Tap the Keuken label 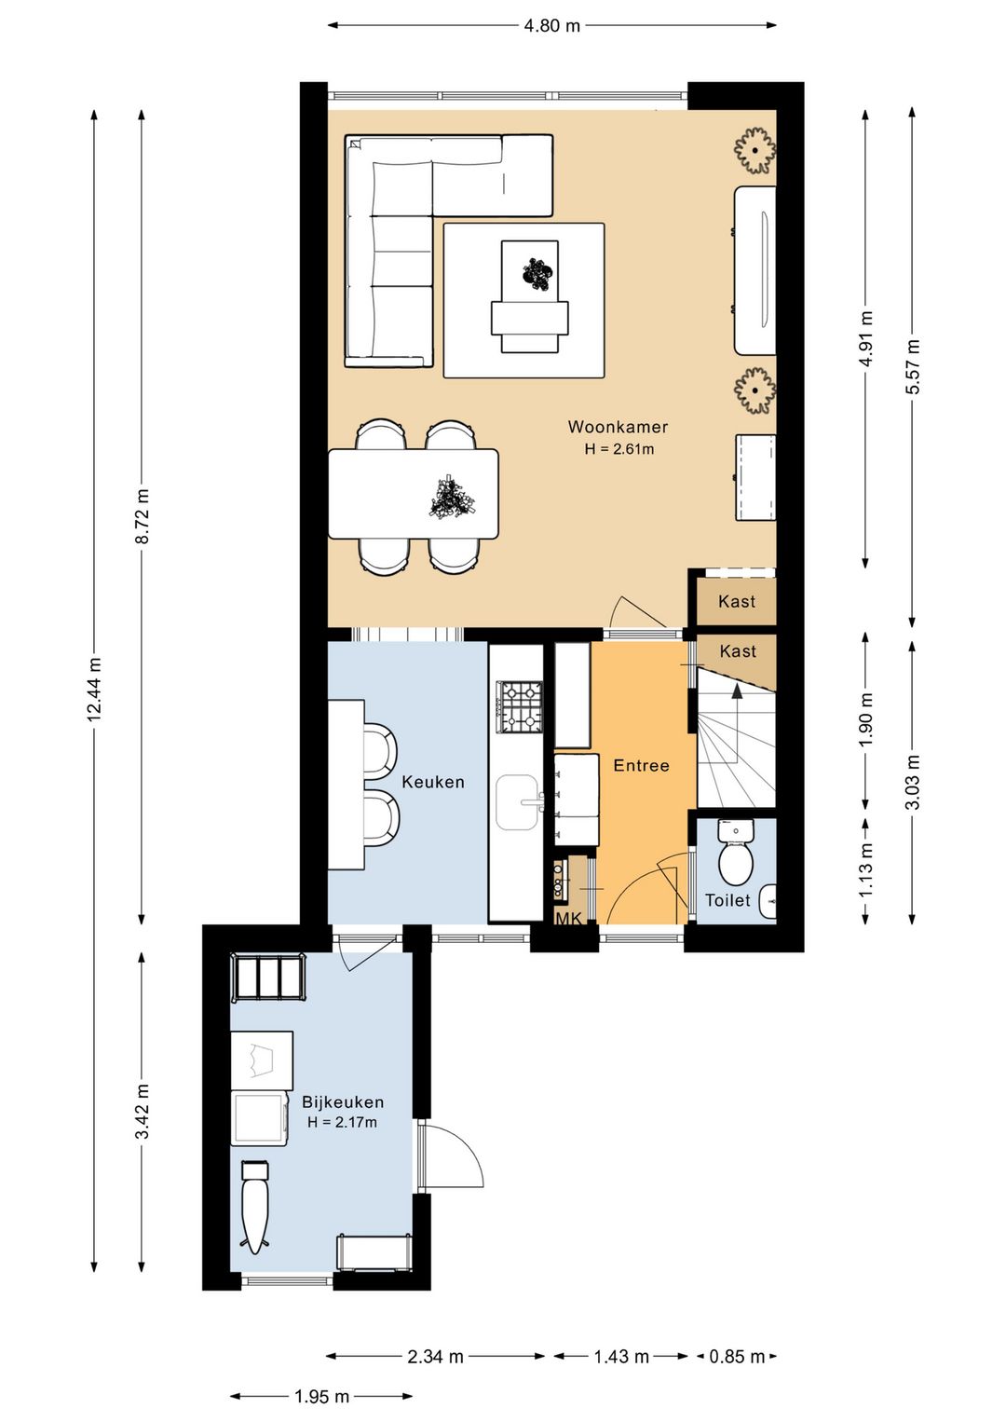pyautogui.click(x=433, y=782)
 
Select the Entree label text pyautogui.click(x=641, y=765)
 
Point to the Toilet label pyautogui.click(x=727, y=899)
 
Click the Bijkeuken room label pyautogui.click(x=342, y=1101)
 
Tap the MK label pyautogui.click(x=568, y=919)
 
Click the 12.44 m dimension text pyautogui.click(x=95, y=690)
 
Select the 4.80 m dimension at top pyautogui.click(x=551, y=26)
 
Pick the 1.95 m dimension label pyautogui.click(x=321, y=1396)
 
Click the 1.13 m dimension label pyautogui.click(x=866, y=869)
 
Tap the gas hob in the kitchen pyautogui.click(x=519, y=706)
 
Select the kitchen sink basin pyautogui.click(x=517, y=801)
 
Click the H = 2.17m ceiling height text pyautogui.click(x=342, y=1122)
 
